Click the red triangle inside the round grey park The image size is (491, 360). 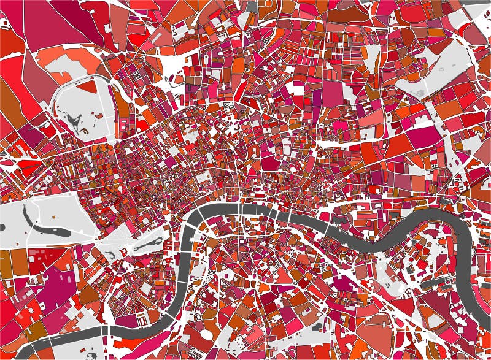click(90, 88)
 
